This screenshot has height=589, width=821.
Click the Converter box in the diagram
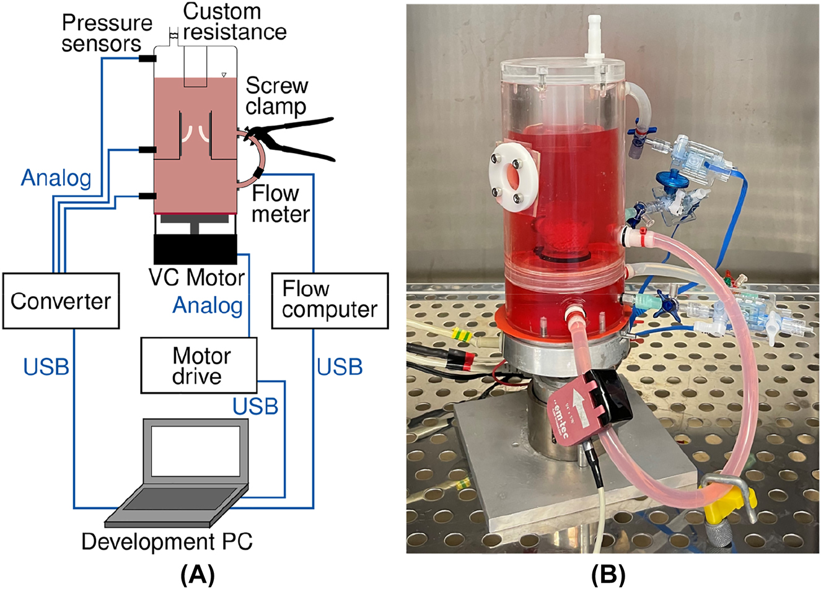61,301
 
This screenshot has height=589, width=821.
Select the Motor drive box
198,365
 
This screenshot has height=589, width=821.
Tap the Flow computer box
330,300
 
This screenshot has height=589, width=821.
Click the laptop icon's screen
196,450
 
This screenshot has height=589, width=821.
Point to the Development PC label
167,541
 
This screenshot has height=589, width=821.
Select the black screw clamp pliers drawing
291,139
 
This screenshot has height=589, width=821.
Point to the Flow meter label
281,204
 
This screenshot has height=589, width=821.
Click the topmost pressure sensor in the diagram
146,59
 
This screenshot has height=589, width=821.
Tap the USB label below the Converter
46,367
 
